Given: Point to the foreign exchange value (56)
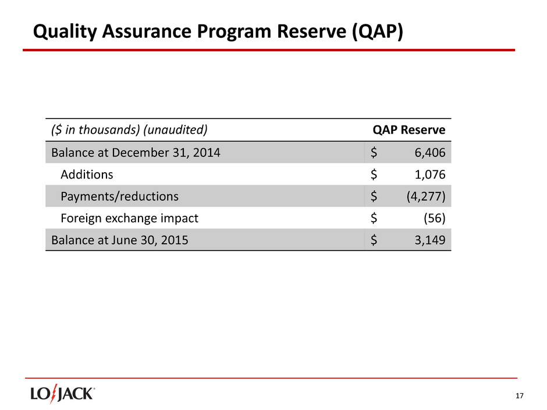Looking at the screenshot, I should [x=436, y=219].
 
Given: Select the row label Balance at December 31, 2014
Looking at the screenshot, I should [x=136, y=153].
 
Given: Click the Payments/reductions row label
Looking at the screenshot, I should [x=120, y=197].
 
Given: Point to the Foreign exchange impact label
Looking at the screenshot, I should [x=130, y=219].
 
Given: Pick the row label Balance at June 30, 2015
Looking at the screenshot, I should [x=119, y=240].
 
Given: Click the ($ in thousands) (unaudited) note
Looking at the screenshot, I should [x=130, y=130].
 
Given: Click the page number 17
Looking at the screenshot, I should [x=520, y=396].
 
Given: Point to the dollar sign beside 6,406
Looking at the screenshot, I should [x=374, y=153].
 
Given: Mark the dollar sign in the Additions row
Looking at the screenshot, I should [x=374, y=174].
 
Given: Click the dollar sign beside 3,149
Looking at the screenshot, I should [x=374, y=240].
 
